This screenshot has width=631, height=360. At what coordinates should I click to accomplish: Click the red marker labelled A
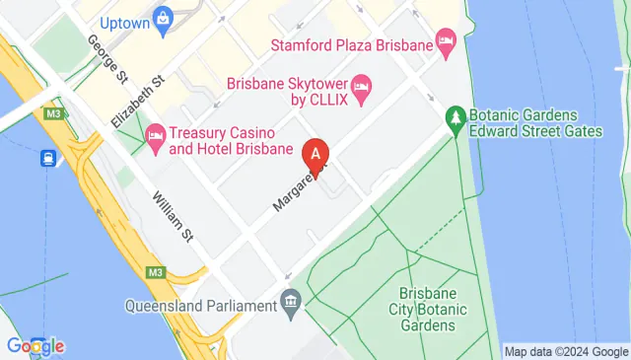(315, 156)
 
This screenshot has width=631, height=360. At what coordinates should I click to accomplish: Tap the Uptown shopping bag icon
(163, 17)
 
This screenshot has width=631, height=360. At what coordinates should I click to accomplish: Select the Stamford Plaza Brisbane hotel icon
(447, 44)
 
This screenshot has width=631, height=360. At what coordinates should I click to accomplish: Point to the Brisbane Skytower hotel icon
(361, 91)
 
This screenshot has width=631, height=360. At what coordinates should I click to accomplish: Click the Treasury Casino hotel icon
(155, 137)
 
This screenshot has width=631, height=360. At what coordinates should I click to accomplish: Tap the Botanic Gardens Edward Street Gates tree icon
(455, 117)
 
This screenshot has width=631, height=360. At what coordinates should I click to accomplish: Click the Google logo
(35, 345)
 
